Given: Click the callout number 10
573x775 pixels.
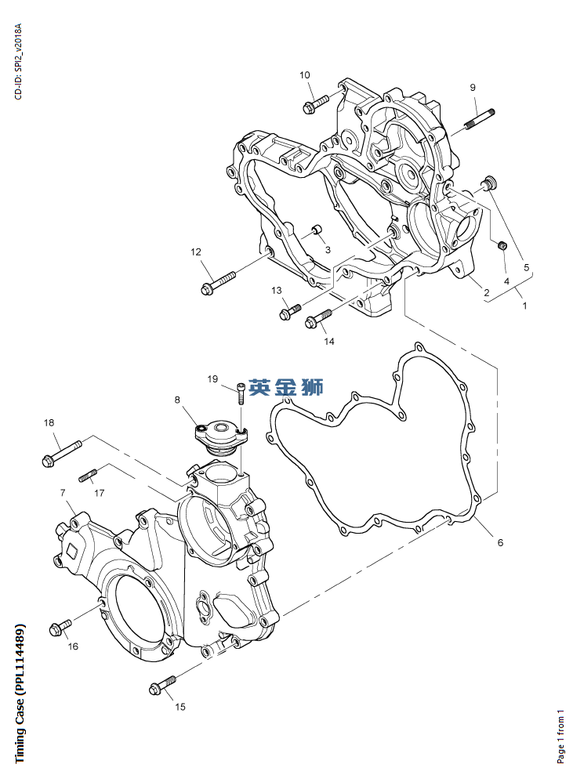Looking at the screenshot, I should (304, 75).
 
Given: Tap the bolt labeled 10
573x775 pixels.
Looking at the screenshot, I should (316, 102).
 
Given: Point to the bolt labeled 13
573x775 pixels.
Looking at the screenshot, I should (290, 311).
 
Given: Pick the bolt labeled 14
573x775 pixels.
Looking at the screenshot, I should (317, 317).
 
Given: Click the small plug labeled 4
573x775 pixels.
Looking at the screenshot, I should (503, 247).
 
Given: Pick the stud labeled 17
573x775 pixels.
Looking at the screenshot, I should (87, 474).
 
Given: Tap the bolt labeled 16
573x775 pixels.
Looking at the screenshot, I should (60, 628).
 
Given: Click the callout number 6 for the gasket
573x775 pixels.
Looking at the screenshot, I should (500, 542).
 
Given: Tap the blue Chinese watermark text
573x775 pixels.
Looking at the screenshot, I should (285, 386).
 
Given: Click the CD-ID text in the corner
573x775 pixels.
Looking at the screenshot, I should (19, 61).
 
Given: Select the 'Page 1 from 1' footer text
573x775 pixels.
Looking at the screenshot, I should (560, 735).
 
